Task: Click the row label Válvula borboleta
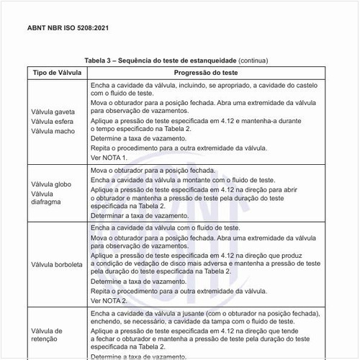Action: pyautogui.click(x=58, y=264)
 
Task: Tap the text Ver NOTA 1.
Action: pyautogui.click(x=109, y=157)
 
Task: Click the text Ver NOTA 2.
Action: pyautogui.click(x=109, y=300)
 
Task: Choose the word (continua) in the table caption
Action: pyautogui.click(x=258, y=61)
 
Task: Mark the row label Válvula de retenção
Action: pyautogui.click(x=48, y=335)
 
